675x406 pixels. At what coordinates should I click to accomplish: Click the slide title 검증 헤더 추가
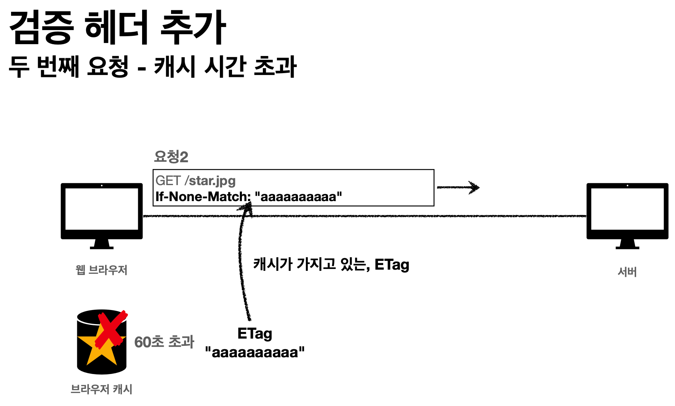117,27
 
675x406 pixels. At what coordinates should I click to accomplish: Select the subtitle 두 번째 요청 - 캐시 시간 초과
152,67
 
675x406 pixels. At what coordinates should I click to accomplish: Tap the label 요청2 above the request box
171,157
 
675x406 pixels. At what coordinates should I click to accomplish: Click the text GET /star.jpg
195,181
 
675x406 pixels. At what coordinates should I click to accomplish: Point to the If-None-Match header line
248,197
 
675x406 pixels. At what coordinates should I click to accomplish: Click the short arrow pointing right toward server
458,187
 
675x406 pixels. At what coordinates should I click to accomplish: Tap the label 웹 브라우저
101,270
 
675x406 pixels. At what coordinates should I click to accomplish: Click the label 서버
627,272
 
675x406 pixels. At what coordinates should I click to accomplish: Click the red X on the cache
111,329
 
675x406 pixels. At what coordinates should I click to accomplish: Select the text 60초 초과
164,342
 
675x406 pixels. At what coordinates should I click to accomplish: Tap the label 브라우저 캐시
101,389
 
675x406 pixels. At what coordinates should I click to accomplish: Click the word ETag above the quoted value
254,334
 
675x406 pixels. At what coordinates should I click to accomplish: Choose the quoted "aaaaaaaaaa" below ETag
254,352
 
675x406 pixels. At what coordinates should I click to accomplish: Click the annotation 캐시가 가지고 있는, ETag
331,264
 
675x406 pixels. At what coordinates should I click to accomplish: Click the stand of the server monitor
627,244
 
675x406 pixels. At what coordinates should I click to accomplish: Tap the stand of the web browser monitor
102,244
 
